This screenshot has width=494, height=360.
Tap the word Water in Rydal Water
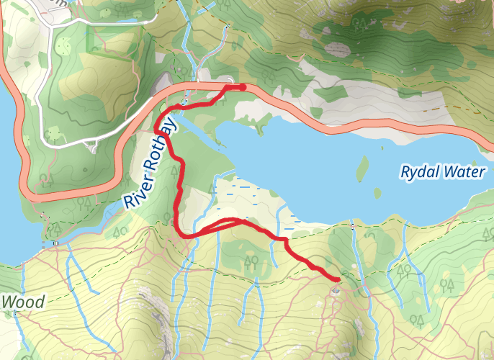464,172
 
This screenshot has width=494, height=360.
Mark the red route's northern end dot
243,87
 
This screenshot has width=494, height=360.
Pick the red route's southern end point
336,279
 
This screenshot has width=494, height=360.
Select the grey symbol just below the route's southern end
336,290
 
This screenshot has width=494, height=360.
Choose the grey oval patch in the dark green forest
336,50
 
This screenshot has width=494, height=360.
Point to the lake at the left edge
9,180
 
